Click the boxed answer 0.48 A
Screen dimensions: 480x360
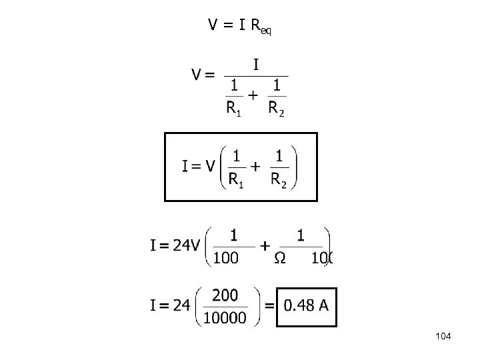(x=306, y=305)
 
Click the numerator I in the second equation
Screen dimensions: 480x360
(x=256, y=65)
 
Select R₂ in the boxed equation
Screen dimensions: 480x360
(x=279, y=179)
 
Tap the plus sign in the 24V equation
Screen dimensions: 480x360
(x=265, y=246)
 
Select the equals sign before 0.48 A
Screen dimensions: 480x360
(x=269, y=305)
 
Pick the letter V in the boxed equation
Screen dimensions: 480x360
(x=211, y=166)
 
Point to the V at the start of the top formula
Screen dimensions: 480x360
(x=213, y=25)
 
